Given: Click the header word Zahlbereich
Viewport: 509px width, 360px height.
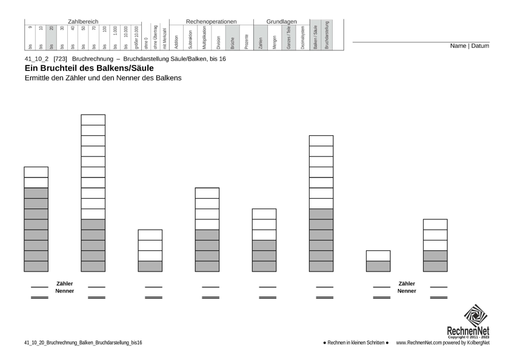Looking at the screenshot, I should [82, 22].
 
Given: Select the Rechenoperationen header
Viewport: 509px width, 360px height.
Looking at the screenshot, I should [211, 22].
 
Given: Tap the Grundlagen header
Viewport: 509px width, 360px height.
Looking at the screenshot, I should [281, 22].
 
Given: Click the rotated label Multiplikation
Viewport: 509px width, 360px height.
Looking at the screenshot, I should [205, 37].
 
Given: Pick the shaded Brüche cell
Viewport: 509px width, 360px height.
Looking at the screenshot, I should [231, 38].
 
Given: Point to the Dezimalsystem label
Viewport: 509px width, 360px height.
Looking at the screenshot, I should [302, 37].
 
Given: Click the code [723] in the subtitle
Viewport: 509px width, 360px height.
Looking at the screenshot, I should [60, 59].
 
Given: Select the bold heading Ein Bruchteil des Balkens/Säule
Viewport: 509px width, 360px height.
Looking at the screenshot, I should [89, 68].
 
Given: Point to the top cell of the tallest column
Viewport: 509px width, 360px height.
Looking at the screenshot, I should [93, 120].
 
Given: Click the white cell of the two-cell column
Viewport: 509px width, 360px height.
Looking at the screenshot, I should [378, 256].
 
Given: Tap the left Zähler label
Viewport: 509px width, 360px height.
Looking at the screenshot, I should [64, 283].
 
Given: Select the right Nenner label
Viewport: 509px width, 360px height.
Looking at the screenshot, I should [407, 291].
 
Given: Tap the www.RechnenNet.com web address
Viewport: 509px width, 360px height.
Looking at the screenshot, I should [418, 343].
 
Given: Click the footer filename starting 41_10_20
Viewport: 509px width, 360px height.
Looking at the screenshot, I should [84, 343].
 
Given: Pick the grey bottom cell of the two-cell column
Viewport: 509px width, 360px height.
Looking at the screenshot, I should [378, 266].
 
